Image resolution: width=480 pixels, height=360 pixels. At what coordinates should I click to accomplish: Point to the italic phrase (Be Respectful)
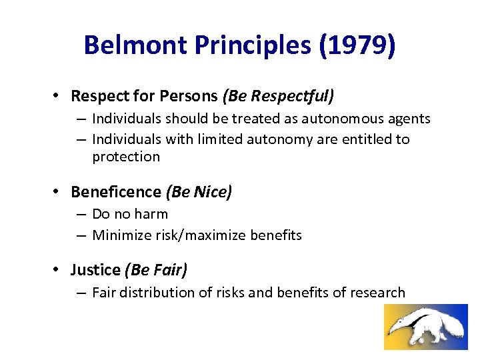click(279, 96)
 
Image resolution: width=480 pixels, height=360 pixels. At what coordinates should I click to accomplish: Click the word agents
click(410, 119)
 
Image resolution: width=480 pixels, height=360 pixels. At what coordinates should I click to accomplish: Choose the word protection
click(126, 157)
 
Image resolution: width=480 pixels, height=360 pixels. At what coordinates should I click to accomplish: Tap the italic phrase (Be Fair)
click(156, 269)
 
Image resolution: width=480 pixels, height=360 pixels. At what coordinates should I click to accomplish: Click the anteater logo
click(425, 327)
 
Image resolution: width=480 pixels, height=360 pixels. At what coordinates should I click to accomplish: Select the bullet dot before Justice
click(57, 270)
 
